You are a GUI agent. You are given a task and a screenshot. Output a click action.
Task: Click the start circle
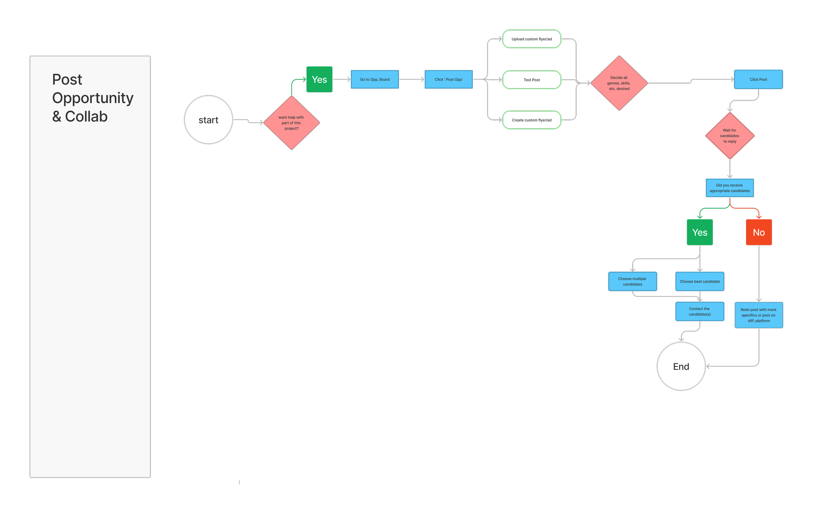208,120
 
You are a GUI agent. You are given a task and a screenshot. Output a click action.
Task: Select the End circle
681,366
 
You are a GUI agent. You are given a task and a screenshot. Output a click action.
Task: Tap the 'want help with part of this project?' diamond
291,123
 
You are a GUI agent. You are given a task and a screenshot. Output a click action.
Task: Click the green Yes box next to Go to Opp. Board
319,80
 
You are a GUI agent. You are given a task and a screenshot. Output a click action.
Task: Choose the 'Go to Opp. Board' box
375,80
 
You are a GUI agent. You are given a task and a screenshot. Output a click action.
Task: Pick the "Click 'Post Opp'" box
449,80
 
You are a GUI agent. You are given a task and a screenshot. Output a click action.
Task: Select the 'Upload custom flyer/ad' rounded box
532,39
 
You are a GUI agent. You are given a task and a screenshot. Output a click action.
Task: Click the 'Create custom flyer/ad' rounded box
532,120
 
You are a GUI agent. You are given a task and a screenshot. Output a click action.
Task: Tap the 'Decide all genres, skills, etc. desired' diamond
619,83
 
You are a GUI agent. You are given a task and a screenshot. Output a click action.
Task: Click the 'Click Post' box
758,80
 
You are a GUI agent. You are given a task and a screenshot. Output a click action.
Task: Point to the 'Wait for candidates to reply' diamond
730,136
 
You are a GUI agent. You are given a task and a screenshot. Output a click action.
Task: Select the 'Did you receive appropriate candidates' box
730,188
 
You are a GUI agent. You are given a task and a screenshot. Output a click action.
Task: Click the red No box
759,232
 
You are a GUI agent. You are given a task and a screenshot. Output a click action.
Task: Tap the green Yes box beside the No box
700,232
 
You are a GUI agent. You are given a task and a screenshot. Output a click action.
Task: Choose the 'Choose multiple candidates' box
633,282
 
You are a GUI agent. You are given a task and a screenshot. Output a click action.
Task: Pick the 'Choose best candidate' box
700,282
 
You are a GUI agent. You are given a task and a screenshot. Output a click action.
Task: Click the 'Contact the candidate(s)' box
700,311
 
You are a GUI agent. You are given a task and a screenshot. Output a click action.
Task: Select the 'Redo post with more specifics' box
759,315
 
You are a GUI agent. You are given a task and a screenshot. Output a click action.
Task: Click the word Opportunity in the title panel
93,98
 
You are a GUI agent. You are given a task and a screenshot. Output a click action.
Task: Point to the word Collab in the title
86,116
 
